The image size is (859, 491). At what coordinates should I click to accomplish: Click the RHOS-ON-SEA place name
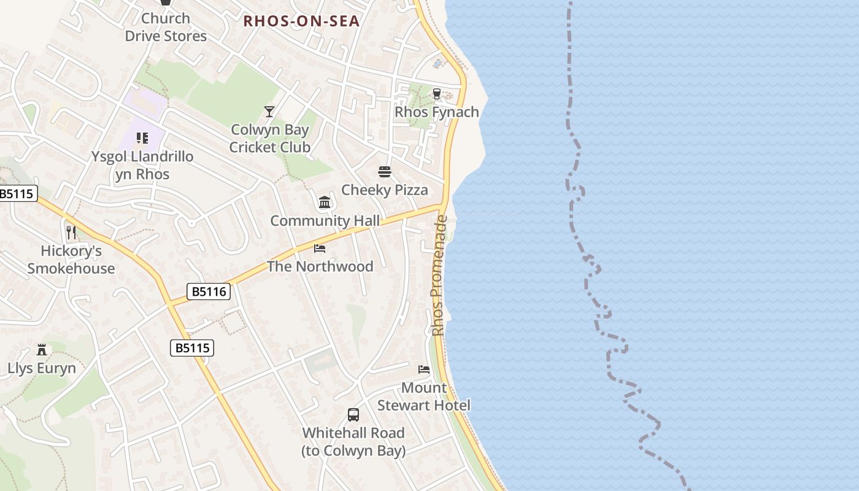pyautogui.click(x=301, y=21)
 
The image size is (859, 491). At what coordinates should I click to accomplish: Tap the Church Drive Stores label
pyautogui.click(x=166, y=28)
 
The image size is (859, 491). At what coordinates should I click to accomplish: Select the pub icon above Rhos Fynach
pyautogui.click(x=437, y=94)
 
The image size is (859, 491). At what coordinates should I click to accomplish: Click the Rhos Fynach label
pyautogui.click(x=437, y=112)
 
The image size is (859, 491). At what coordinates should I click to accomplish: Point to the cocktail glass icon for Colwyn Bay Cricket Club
pyautogui.click(x=269, y=112)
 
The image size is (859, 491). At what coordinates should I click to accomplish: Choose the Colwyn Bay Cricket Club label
pyautogui.click(x=270, y=139)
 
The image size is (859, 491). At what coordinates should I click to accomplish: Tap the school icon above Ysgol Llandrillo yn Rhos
pyautogui.click(x=142, y=138)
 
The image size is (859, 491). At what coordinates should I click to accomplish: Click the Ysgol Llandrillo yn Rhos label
pyautogui.click(x=142, y=165)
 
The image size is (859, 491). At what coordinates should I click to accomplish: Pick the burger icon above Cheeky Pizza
pyautogui.click(x=385, y=172)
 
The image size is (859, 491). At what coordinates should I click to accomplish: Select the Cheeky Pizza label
pyautogui.click(x=385, y=190)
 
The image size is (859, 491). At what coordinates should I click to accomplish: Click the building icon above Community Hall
pyautogui.click(x=325, y=203)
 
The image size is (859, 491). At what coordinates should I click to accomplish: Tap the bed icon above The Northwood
pyautogui.click(x=320, y=249)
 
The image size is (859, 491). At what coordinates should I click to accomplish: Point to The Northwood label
pyautogui.click(x=320, y=266)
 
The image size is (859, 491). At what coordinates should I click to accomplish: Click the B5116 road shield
pyautogui.click(x=209, y=292)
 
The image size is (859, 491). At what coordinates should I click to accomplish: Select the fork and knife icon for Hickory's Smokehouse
pyautogui.click(x=71, y=233)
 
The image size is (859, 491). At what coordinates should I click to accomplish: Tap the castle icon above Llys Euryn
pyautogui.click(x=42, y=350)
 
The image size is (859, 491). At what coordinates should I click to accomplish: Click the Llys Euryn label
pyautogui.click(x=42, y=368)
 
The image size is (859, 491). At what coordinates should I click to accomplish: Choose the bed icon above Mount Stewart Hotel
pyautogui.click(x=423, y=369)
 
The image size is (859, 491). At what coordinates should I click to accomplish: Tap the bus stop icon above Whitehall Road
pyautogui.click(x=353, y=415)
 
